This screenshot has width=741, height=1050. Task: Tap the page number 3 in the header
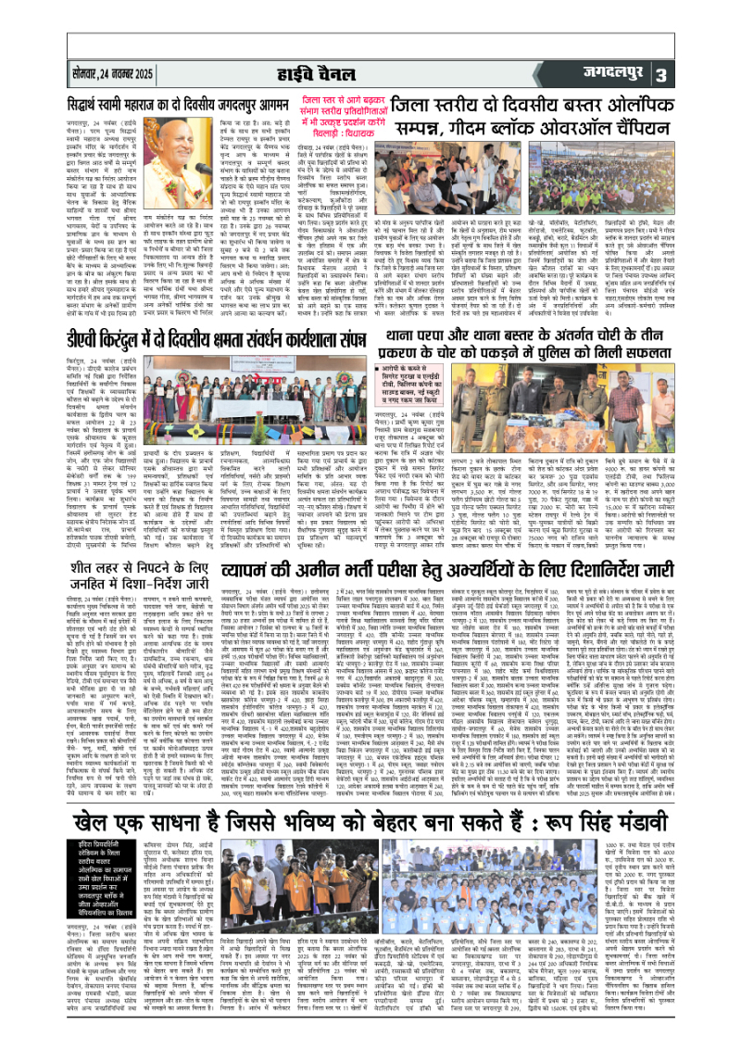[x=713, y=73]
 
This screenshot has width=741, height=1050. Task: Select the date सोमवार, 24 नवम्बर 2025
[x=127, y=72]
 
